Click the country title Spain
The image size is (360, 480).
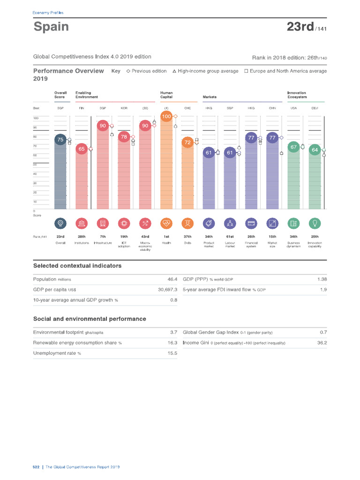tap(51, 27)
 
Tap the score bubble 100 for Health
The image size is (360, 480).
tap(166, 116)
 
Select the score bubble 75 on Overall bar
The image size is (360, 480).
tap(60, 139)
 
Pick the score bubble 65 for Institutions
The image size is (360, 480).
tap(81, 149)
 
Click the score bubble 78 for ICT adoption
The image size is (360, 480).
tap(124, 137)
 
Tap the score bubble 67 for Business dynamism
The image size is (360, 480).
tap(293, 147)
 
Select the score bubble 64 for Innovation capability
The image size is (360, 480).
tap(315, 150)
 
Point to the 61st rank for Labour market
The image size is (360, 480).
tap(230, 237)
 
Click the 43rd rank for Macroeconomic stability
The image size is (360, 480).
tap(145, 237)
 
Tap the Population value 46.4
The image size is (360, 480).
tap(172, 279)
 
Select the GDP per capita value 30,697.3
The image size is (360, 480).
tap(167, 290)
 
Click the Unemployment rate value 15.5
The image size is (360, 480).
tap(172, 353)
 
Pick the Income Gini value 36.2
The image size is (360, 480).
tap(322, 343)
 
